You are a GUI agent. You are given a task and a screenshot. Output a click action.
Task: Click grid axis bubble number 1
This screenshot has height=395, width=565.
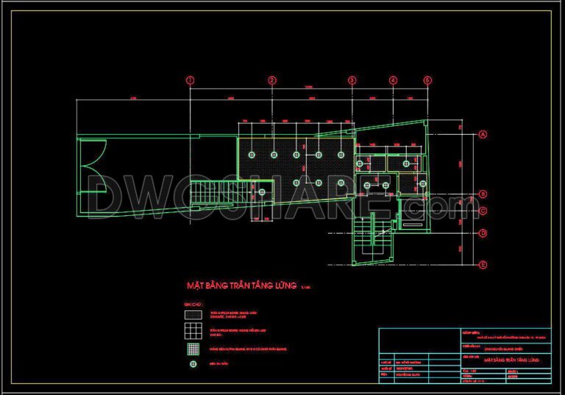190,80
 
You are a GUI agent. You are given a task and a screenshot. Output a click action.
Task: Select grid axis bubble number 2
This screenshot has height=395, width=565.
271,80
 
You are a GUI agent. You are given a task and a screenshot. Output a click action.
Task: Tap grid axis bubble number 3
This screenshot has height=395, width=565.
352,80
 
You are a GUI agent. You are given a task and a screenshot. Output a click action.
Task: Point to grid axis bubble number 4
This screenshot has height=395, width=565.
394,80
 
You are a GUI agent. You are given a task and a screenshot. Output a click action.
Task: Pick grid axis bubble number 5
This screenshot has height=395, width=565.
427,80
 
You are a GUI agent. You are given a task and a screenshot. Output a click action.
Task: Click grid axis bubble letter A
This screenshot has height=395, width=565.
483,135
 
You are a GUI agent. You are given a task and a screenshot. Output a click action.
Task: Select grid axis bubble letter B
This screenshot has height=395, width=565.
483,195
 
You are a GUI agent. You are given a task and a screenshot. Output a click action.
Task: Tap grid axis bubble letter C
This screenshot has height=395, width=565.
483,212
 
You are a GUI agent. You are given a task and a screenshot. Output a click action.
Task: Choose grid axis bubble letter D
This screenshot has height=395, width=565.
483,234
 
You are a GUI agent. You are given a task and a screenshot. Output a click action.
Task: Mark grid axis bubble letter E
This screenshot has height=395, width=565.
483,264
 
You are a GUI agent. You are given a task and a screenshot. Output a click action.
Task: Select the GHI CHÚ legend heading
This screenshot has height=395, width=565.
193,303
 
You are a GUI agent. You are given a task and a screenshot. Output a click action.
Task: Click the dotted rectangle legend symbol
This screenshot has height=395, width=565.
193,314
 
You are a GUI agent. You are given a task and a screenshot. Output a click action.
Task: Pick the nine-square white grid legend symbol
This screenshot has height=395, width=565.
193,330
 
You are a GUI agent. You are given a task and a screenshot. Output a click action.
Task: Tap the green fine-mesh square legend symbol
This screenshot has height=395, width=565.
193,347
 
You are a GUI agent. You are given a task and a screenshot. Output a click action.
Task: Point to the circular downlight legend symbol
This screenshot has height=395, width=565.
193,363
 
